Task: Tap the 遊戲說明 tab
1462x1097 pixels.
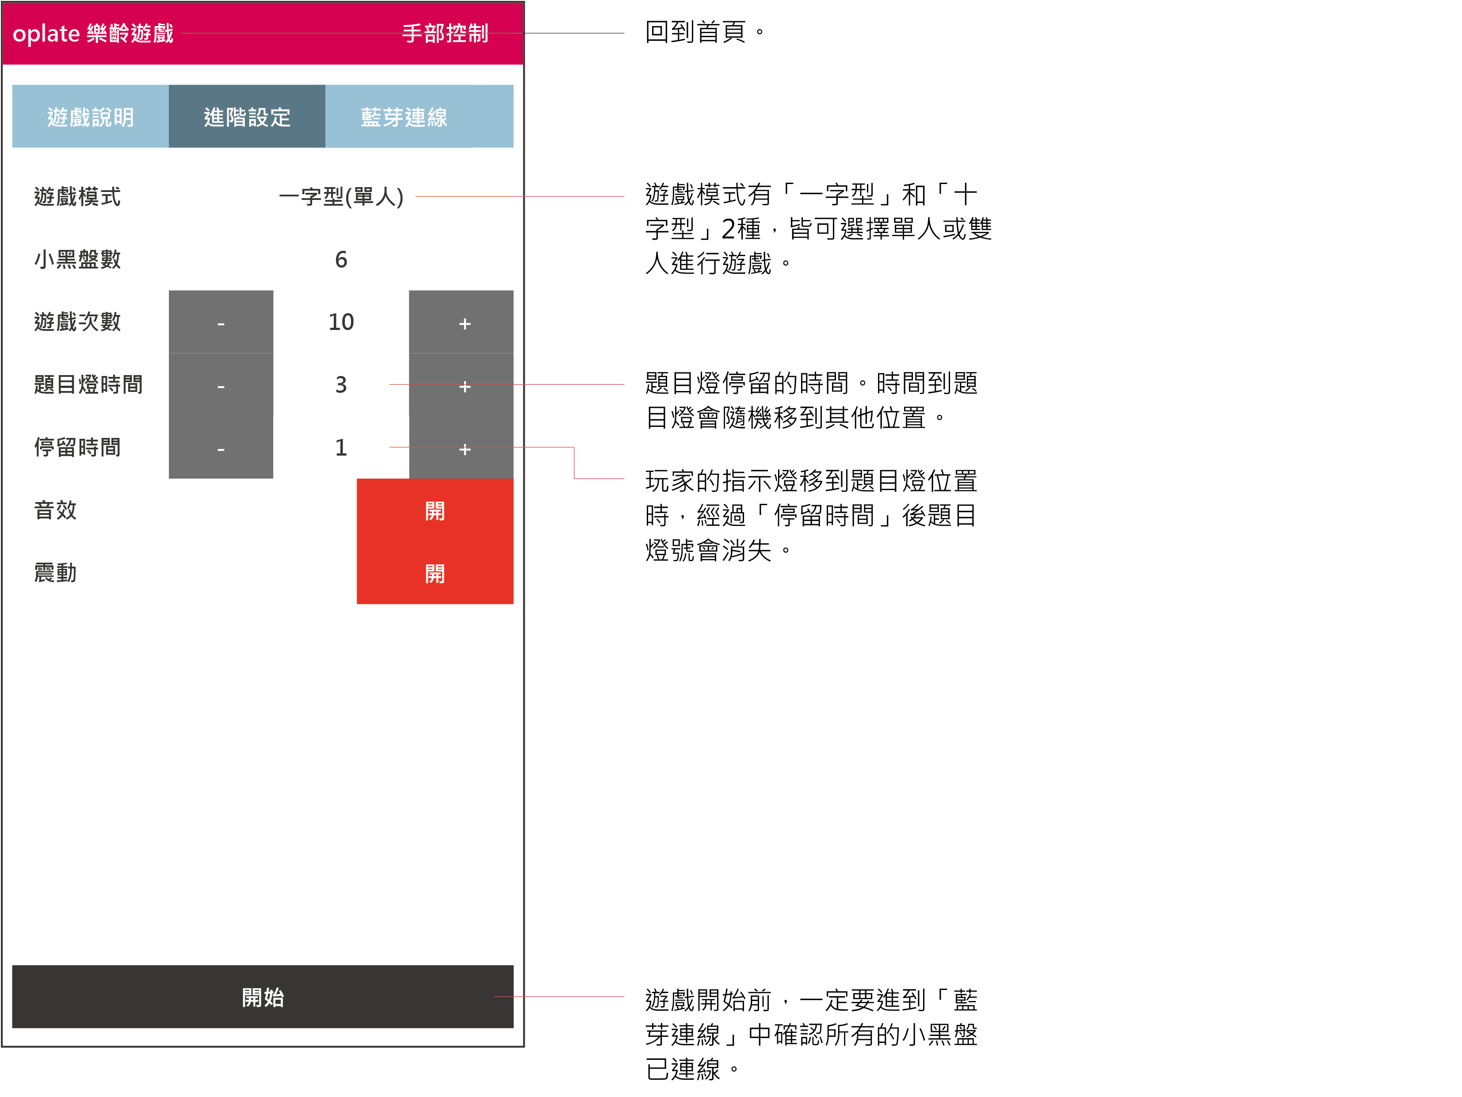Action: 91,116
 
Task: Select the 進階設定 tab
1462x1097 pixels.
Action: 247,116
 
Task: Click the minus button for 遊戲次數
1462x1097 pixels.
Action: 221,322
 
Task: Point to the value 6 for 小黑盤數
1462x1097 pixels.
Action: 341,259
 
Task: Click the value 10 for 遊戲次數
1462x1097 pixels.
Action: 341,322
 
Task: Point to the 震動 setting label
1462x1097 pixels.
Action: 56,573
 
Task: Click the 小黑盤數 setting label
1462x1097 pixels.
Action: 77,259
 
